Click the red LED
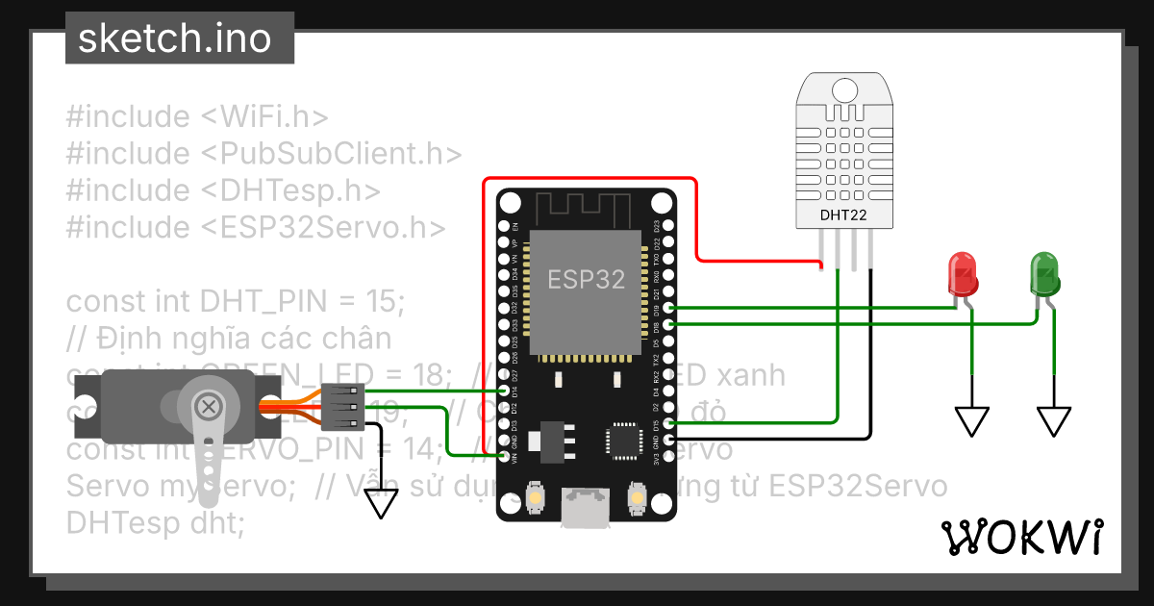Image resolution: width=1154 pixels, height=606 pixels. pyautogui.click(x=963, y=273)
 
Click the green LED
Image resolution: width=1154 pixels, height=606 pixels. pyautogui.click(x=1044, y=273)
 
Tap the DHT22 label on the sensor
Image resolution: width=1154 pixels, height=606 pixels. pyautogui.click(x=842, y=215)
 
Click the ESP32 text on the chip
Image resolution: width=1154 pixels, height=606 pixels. pyautogui.click(x=586, y=280)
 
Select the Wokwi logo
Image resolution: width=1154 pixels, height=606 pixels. pyautogui.click(x=1020, y=537)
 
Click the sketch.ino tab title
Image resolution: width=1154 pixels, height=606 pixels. pyautogui.click(x=174, y=38)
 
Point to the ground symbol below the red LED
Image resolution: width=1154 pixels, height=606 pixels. pyautogui.click(x=971, y=420)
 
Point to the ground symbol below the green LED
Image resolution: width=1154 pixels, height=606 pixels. pyautogui.click(x=1053, y=420)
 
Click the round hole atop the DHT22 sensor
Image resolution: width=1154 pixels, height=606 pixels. pyautogui.click(x=843, y=89)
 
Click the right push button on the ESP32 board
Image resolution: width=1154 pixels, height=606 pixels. pyautogui.click(x=635, y=496)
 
